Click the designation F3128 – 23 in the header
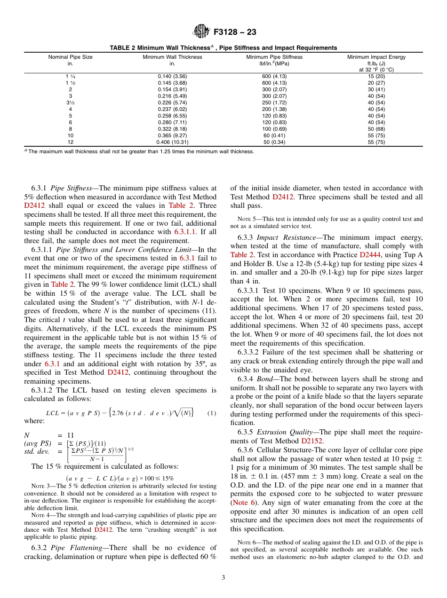pyautogui.click(x=235, y=32)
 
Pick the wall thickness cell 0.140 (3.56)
pyautogui.click(x=172, y=76)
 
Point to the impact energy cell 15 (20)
pyautogui.click(x=376, y=76)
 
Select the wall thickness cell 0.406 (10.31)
pyautogui.click(x=172, y=142)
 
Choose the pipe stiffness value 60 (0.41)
pyautogui.click(x=274, y=135)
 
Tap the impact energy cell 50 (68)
pyautogui.click(x=376, y=128)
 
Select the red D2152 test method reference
pyautogui.click(x=311, y=441)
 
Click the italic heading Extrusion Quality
pyautogui.click(x=284, y=432)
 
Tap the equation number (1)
pyautogui.click(x=211, y=413)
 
